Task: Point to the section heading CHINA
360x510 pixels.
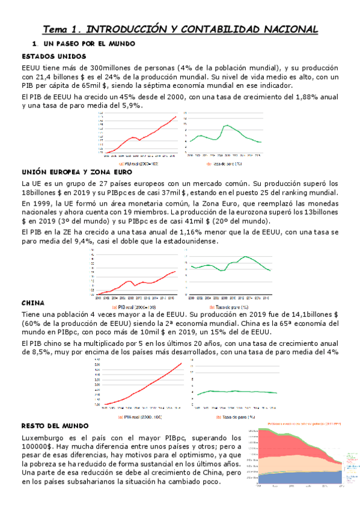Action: click(x=32, y=304)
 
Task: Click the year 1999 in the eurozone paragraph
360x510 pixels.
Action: click(x=43, y=203)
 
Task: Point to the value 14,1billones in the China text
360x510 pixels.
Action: click(x=305, y=315)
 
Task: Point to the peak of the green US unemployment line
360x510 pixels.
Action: click(x=227, y=125)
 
